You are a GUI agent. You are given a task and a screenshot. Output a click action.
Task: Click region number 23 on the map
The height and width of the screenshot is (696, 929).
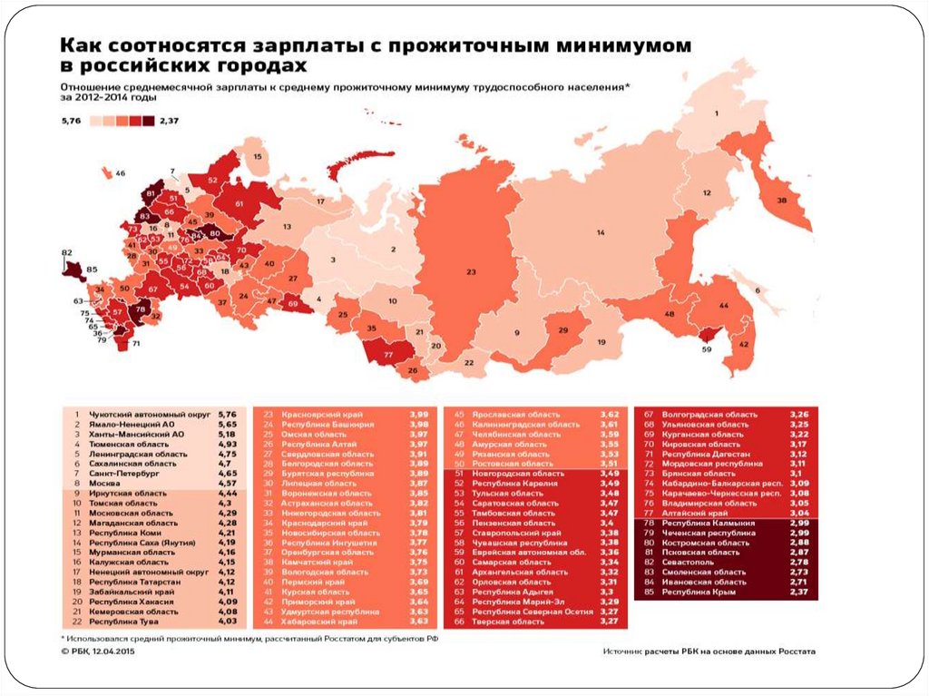tap(470, 271)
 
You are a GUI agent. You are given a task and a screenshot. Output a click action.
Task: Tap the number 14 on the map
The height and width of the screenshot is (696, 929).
tap(600, 233)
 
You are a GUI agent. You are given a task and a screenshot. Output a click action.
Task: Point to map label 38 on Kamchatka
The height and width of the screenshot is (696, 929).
tap(781, 202)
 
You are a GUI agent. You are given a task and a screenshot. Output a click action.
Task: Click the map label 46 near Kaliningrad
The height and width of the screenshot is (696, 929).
tap(120, 172)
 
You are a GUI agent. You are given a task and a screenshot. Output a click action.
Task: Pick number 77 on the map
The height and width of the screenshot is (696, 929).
tap(387, 353)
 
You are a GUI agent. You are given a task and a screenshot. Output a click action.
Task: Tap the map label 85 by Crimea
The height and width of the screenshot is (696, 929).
tap(92, 270)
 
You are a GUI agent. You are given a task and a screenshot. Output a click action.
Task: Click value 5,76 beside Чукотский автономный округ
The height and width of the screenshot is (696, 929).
tap(229, 413)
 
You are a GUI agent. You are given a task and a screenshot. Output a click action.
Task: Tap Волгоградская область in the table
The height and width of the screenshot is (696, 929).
tap(708, 414)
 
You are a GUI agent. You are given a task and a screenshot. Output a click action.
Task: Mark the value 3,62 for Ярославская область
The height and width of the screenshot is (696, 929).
tap(609, 414)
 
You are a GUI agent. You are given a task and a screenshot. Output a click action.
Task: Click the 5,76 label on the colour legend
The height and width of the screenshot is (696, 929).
tap(72, 120)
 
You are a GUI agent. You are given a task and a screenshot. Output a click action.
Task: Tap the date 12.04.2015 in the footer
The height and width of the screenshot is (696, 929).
tap(114, 651)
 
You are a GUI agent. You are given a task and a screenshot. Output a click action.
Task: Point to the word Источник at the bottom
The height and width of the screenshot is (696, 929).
tap(628, 651)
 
